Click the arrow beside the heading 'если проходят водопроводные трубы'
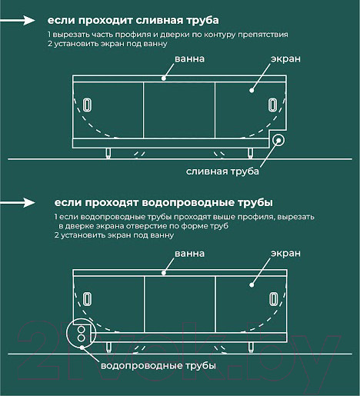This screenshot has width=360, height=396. (x=25, y=203)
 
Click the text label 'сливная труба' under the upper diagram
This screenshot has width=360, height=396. (x=218, y=171)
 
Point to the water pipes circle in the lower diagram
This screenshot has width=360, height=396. (x=79, y=331)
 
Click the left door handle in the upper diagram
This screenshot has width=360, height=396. (x=87, y=105)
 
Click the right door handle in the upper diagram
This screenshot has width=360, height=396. (x=272, y=105)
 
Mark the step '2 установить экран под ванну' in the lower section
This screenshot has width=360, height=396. (x=113, y=236)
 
